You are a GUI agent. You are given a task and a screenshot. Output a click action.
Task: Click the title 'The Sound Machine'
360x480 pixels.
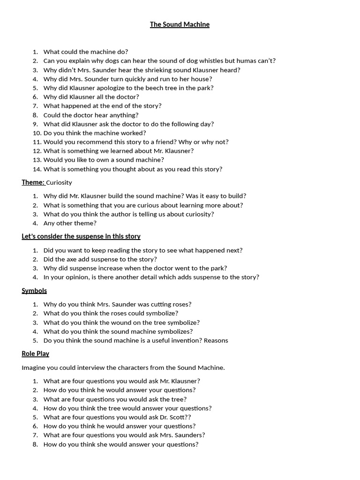point(180,24)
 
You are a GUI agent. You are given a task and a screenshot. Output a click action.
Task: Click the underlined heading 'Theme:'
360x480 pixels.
point(33,182)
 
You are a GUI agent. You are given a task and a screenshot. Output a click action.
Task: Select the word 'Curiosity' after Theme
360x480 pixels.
point(59,182)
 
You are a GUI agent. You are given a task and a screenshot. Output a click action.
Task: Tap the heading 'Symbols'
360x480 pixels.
point(34,291)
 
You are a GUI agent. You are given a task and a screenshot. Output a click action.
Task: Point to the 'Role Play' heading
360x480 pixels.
point(35,353)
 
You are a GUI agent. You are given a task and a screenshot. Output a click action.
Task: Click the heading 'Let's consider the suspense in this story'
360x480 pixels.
point(81,236)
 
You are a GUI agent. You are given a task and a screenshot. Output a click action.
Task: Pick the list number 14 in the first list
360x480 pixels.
point(37,169)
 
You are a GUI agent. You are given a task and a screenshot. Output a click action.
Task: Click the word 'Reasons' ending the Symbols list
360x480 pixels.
point(216,341)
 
